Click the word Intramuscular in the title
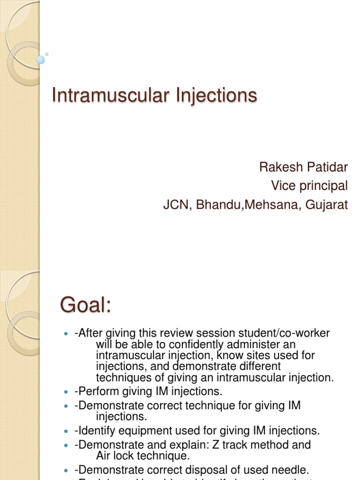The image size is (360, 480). click(108, 95)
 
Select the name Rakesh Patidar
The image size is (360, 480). click(303, 167)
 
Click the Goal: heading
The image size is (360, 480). click(85, 306)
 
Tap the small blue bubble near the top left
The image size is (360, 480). click(41, 60)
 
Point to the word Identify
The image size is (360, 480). click(95, 430)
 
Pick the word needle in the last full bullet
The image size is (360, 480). click(292, 469)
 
